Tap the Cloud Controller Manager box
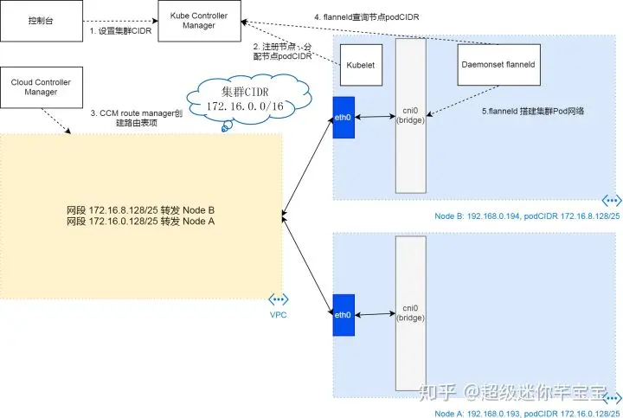pyautogui.click(x=41, y=87)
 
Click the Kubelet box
pyautogui.click(x=359, y=65)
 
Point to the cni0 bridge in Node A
pyautogui.click(x=410, y=312)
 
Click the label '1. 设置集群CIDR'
pyautogui.click(x=121, y=31)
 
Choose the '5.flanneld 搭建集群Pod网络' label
pyautogui.click(x=533, y=112)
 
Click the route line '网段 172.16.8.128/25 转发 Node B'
pyautogui.click(x=140, y=210)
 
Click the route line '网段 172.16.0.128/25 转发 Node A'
pyautogui.click(x=140, y=222)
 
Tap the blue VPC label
pyautogui.click(x=278, y=314)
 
